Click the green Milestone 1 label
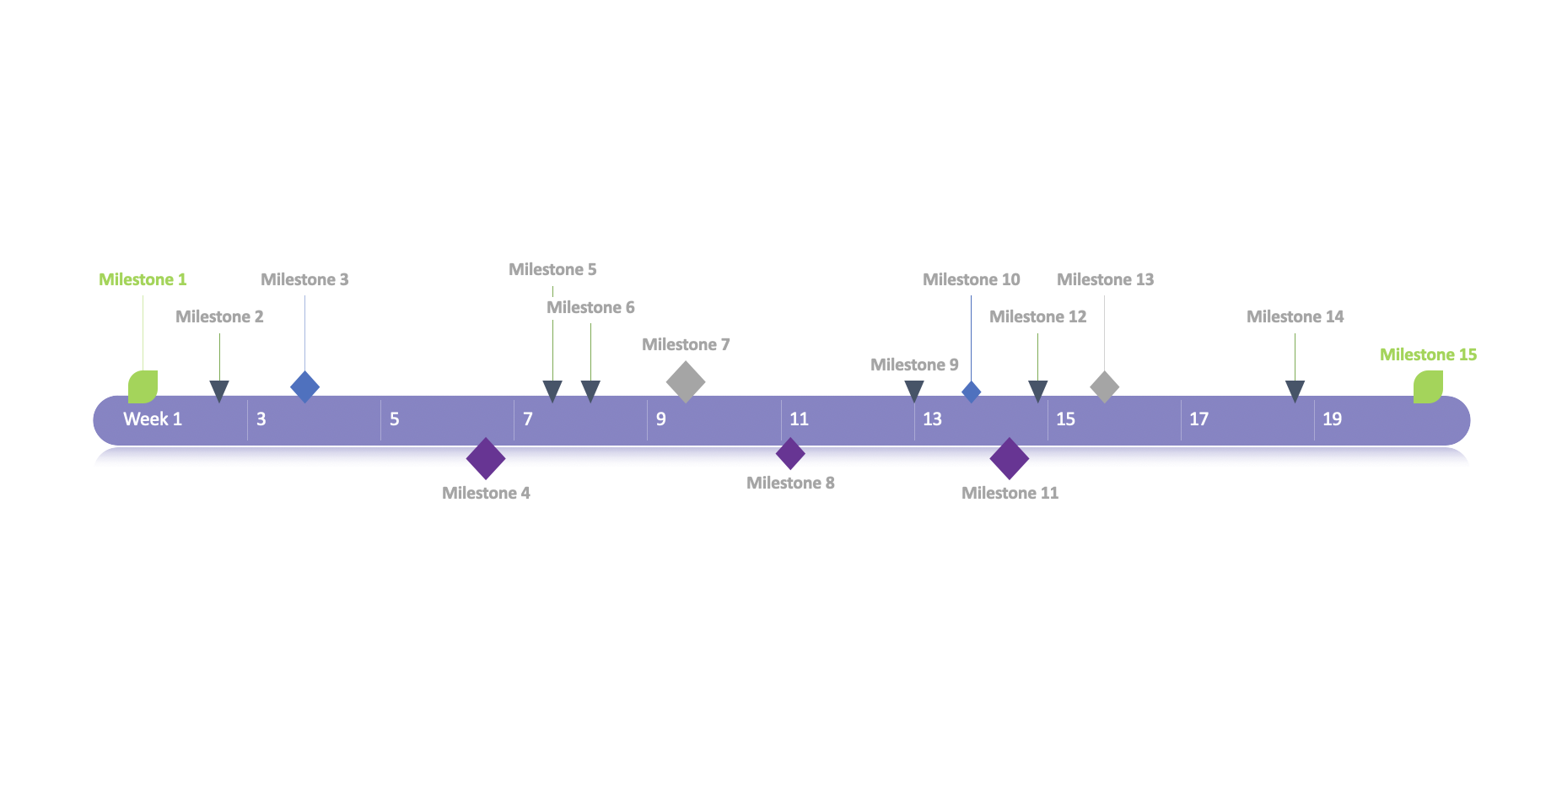[x=143, y=279]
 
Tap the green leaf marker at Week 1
[x=143, y=386]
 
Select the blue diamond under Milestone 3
[x=304, y=386]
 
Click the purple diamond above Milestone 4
[x=486, y=458]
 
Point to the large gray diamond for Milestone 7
[x=686, y=381]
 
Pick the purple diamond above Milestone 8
[x=790, y=453]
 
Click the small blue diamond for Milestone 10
[x=971, y=392]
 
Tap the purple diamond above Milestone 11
[x=1009, y=458]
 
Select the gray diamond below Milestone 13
[x=1104, y=386]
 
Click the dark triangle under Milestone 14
[x=1295, y=390]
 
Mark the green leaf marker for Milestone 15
[x=1428, y=386]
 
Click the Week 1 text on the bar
[x=153, y=419]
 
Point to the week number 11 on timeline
[x=799, y=419]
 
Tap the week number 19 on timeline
[x=1332, y=419]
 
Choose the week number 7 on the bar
[x=528, y=419]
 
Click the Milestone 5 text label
[x=552, y=269]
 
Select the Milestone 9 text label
[x=914, y=365]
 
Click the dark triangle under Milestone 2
[x=219, y=390]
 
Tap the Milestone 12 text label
[x=1037, y=316]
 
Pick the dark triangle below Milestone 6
[x=590, y=390]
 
